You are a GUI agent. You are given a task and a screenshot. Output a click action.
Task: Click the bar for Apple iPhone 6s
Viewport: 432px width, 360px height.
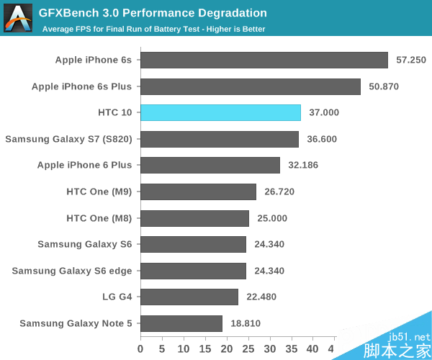[264, 60]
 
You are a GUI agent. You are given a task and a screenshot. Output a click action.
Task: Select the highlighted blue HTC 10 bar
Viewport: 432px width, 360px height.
[220, 112]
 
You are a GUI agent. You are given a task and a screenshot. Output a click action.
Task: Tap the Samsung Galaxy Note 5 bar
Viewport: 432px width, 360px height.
[181, 323]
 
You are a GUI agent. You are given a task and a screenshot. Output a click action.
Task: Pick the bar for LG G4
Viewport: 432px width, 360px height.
[189, 297]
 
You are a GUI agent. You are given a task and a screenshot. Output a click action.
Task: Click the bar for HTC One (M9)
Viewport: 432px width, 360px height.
[198, 192]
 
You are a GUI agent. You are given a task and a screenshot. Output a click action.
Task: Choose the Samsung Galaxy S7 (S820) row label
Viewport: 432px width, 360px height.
[68, 139]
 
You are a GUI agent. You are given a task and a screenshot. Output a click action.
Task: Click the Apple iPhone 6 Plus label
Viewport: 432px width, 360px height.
[85, 165]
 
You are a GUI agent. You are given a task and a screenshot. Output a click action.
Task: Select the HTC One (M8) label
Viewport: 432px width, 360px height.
[99, 217]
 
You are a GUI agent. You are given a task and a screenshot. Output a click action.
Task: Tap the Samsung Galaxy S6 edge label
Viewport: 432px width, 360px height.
[72, 271]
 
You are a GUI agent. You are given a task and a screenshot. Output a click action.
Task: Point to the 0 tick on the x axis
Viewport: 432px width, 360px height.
[141, 348]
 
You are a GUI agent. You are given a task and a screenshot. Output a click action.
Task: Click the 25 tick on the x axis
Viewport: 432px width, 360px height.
[248, 348]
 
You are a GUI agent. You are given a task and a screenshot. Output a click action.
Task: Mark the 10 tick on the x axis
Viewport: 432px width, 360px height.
[184, 348]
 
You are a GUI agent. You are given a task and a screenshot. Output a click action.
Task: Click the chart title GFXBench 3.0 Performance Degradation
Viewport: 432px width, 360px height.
[153, 13]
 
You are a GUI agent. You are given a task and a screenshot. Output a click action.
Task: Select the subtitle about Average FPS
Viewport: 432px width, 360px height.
[153, 29]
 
